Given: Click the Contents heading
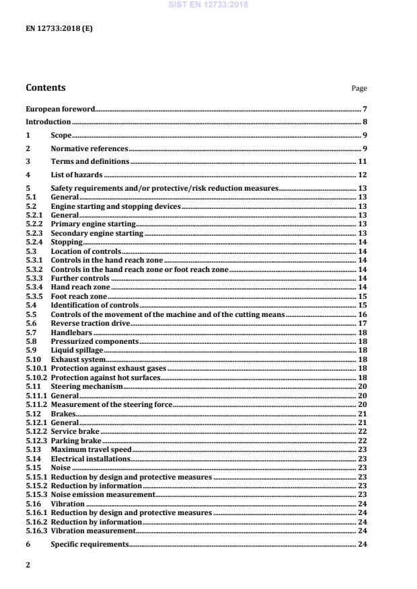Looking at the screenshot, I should tap(46, 87).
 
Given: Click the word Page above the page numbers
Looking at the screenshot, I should tap(359, 89).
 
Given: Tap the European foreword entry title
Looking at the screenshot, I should tap(60, 109).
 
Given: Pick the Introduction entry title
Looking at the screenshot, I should tap(48, 122).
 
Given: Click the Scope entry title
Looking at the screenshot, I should tap(61, 135).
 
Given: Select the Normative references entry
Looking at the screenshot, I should tap(89, 148).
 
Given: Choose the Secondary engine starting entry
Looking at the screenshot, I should tap(97, 233).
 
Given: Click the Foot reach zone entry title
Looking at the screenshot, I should tap(79, 296).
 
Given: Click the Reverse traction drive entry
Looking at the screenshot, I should tap(90, 323).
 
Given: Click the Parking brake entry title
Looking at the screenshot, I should tap(76, 440).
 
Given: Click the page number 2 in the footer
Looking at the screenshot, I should tap(28, 565).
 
